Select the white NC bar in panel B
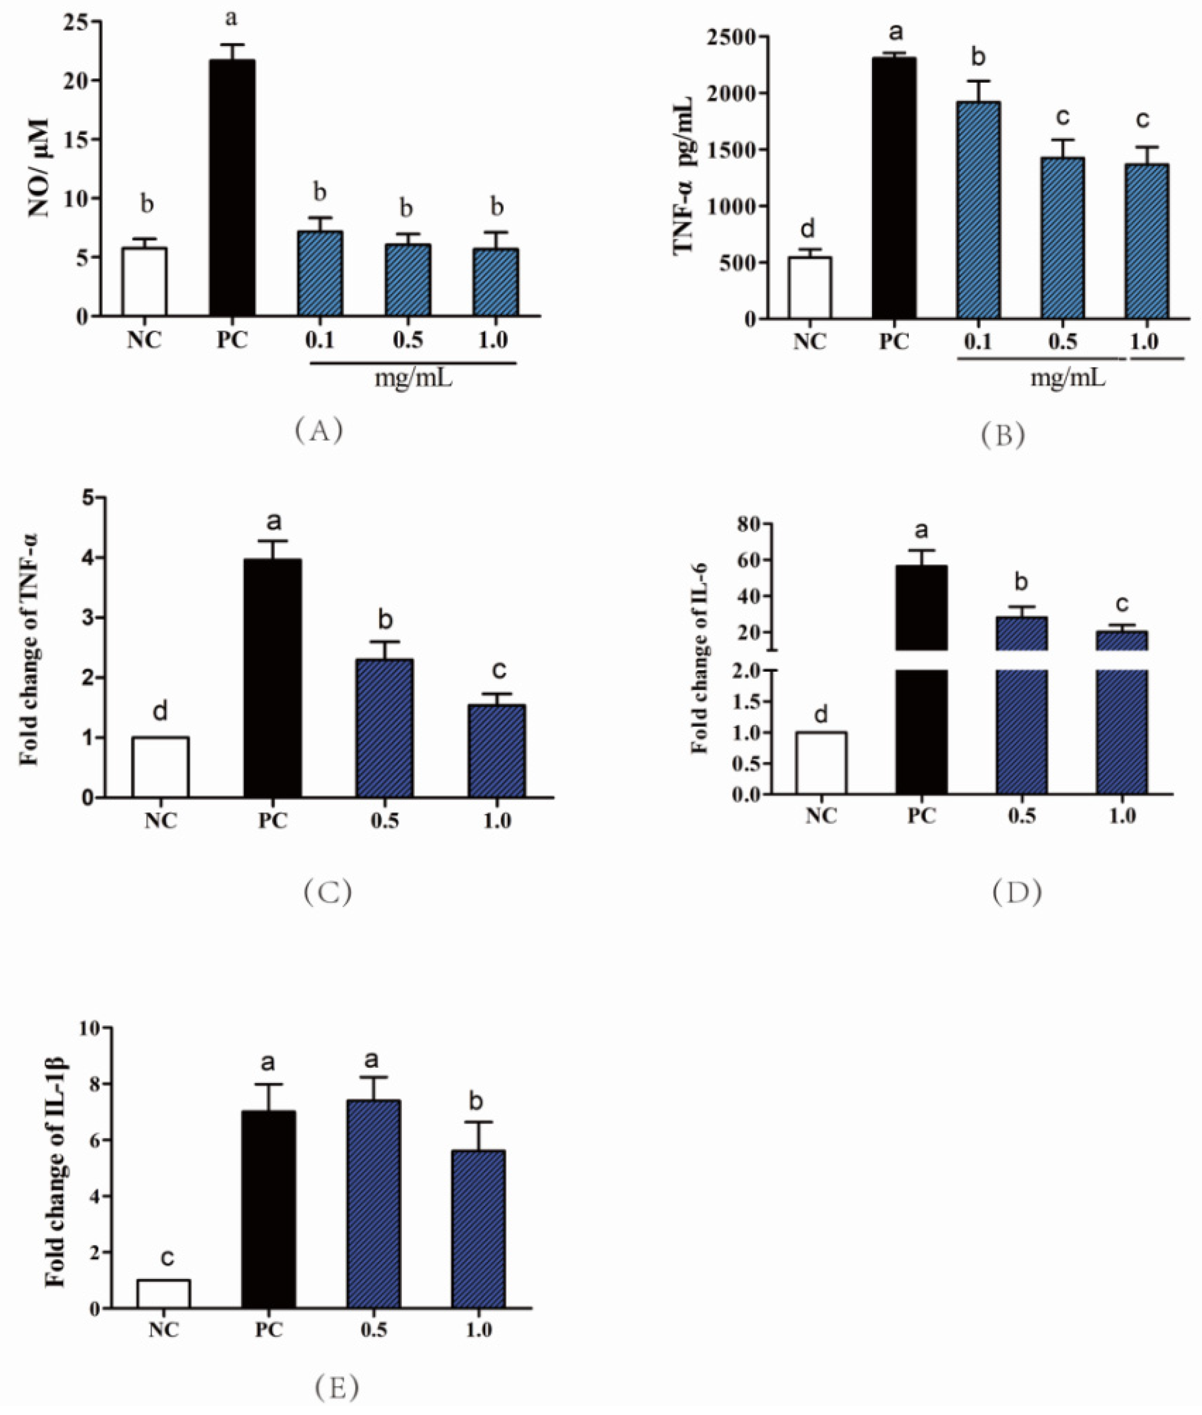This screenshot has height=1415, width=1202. (x=809, y=287)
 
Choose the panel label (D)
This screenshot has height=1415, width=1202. (x=1016, y=892)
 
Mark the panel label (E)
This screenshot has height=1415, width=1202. (x=337, y=1365)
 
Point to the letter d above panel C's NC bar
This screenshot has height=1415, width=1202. (x=160, y=712)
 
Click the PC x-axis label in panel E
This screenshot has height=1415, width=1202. (x=268, y=1329)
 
